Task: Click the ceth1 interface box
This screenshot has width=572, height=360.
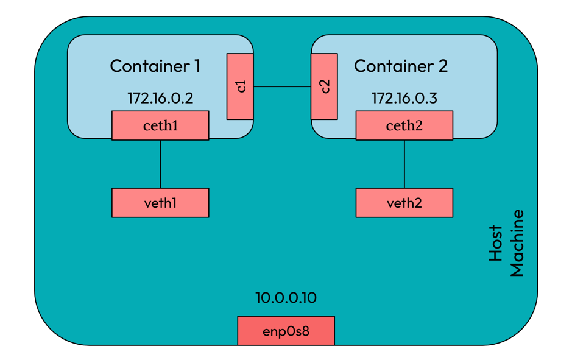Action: pyautogui.click(x=160, y=125)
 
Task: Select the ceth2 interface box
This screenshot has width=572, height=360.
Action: pyautogui.click(x=404, y=125)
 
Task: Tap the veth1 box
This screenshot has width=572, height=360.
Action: pyautogui.click(x=160, y=203)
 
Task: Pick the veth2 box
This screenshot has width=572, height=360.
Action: pyautogui.click(x=404, y=203)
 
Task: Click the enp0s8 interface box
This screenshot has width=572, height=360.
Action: pyautogui.click(x=286, y=331)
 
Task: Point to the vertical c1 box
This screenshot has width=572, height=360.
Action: pyautogui.click(x=240, y=86)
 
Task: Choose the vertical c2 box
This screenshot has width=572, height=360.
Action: pyautogui.click(x=324, y=86)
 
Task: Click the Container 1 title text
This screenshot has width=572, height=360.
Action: pyautogui.click(x=155, y=66)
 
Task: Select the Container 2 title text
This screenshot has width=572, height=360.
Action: pyautogui.click(x=400, y=66)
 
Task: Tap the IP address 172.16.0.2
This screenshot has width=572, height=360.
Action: pyautogui.click(x=160, y=98)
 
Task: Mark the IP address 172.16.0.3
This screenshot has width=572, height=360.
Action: pyautogui.click(x=404, y=98)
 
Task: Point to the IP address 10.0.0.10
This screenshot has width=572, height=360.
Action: pyautogui.click(x=286, y=298)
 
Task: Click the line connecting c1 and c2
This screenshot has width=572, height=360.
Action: pyautogui.click(x=282, y=86)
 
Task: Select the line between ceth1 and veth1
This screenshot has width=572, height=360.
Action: pyautogui.click(x=160, y=164)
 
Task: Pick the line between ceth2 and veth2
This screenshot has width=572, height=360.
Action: pyautogui.click(x=404, y=164)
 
